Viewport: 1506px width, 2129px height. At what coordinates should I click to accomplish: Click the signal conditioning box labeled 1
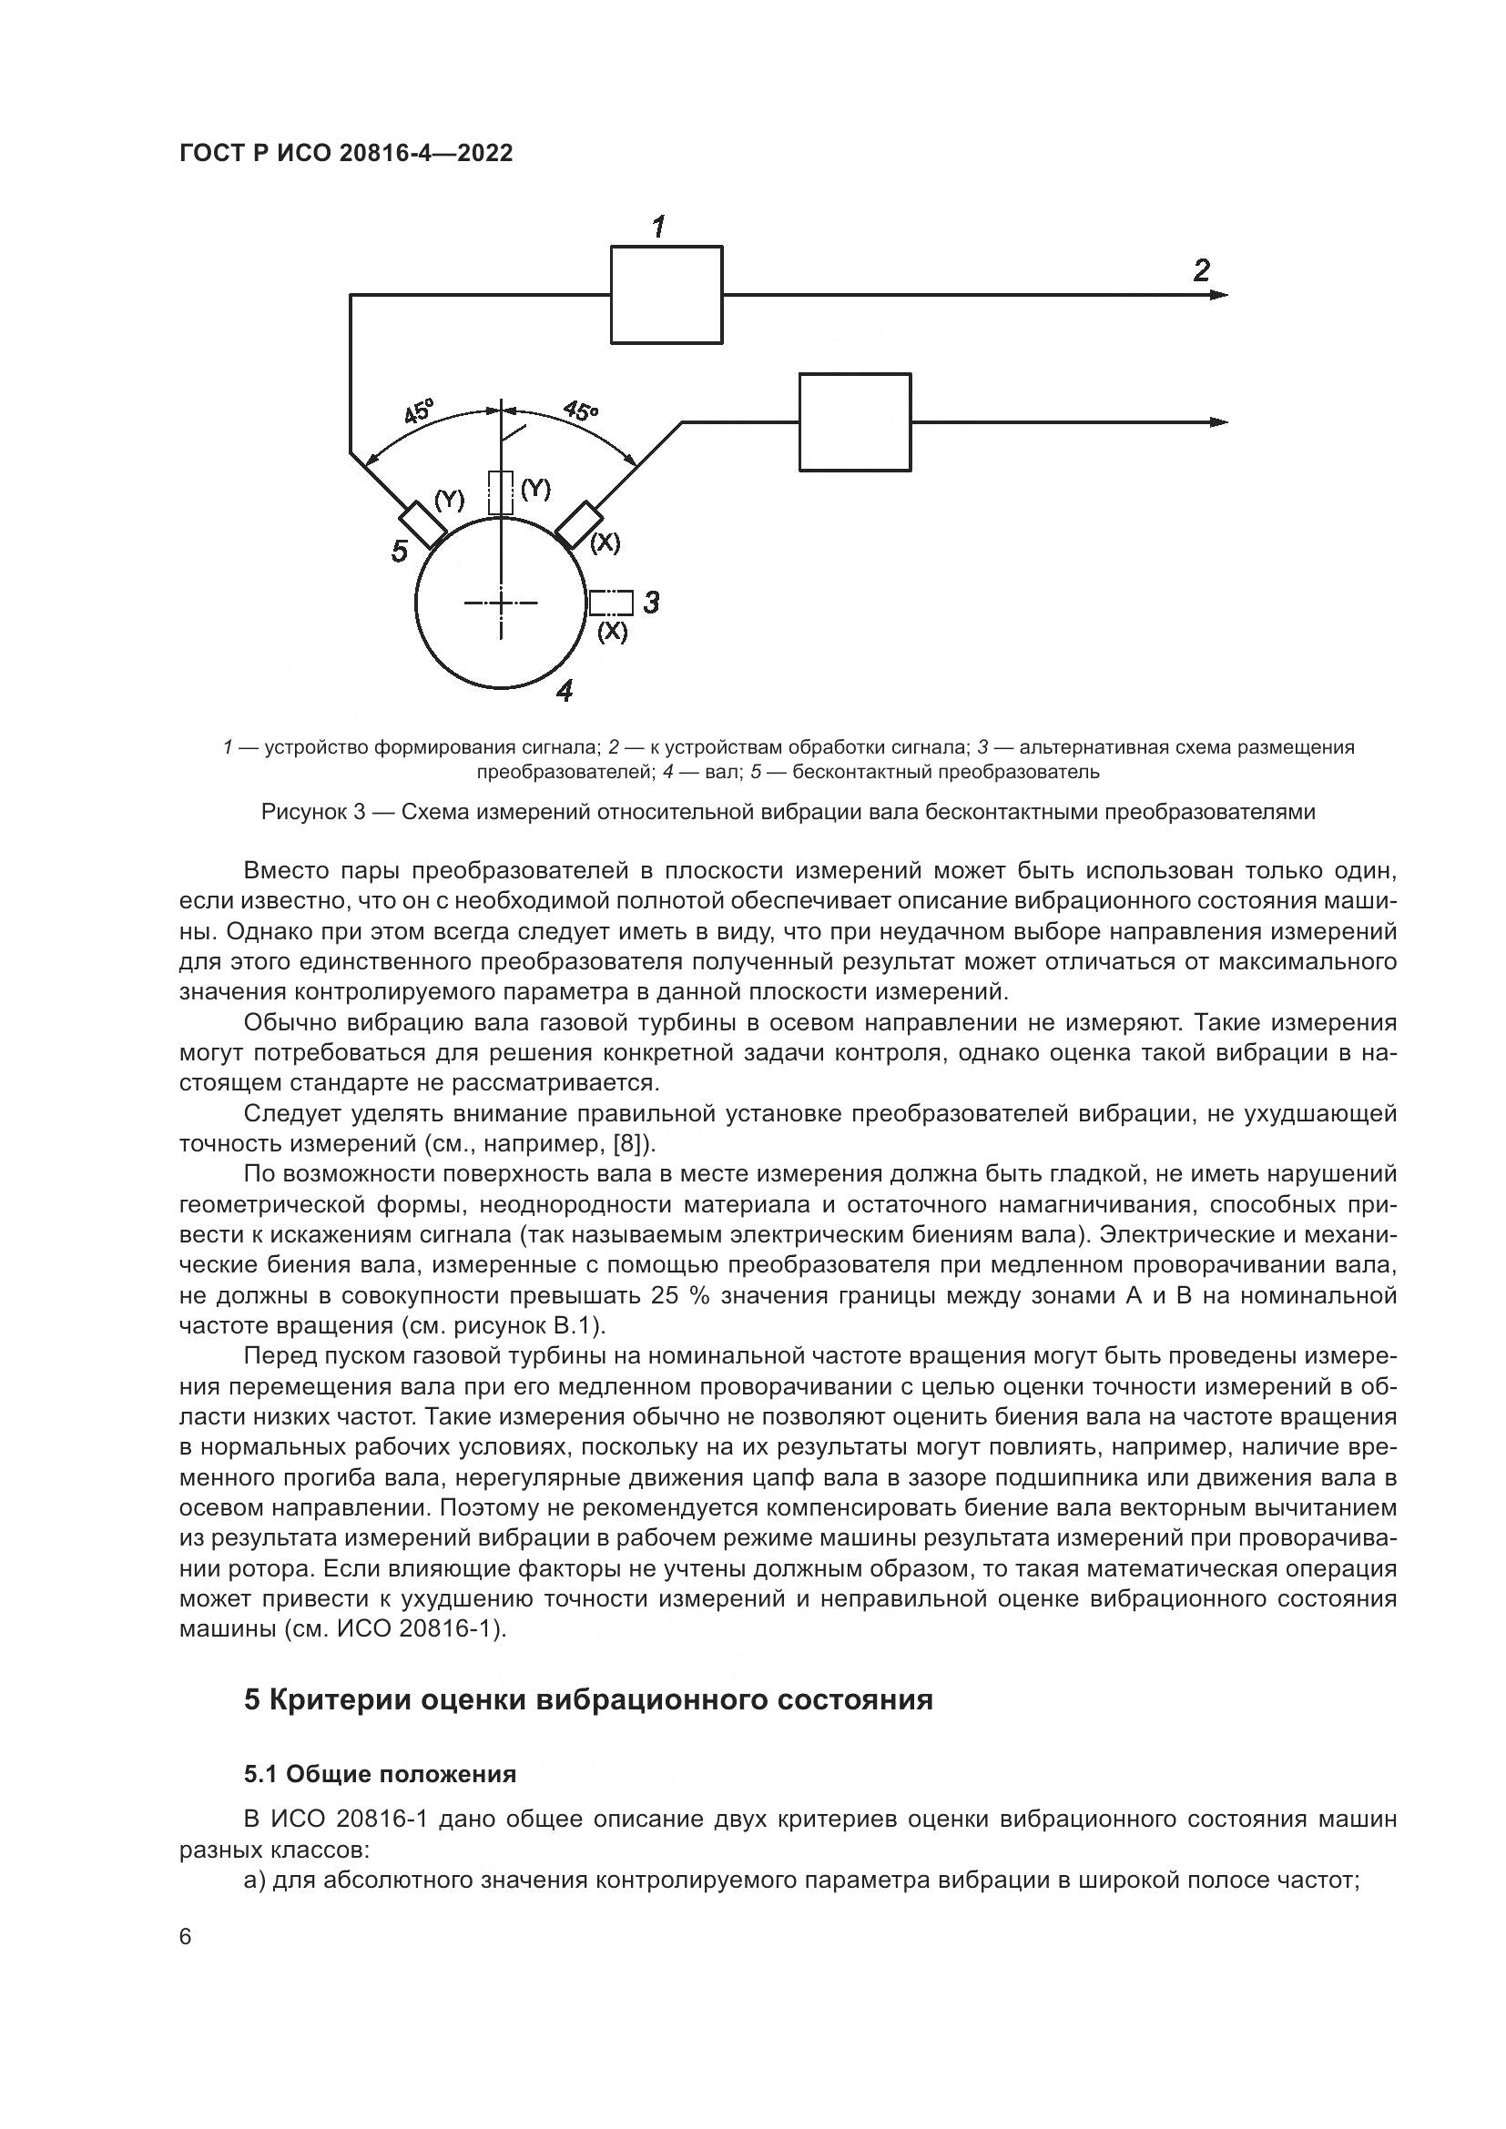click(x=666, y=295)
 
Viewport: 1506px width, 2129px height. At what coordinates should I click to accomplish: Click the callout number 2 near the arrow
click(x=1201, y=270)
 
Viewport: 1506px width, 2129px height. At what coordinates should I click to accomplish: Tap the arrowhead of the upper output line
click(x=1219, y=295)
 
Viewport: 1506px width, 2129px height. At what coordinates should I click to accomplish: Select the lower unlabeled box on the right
click(x=855, y=422)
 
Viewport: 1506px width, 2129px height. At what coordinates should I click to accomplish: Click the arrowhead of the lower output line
click(x=1219, y=423)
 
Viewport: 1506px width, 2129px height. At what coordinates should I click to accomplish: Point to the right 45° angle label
click(x=582, y=410)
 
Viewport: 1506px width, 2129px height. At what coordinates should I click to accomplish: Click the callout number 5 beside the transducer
click(x=399, y=552)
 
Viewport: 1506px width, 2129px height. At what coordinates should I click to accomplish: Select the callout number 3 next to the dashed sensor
click(x=651, y=603)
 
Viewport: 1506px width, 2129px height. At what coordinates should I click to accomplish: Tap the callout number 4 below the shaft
click(x=564, y=691)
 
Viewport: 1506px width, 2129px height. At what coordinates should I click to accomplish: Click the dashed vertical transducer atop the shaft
click(x=501, y=492)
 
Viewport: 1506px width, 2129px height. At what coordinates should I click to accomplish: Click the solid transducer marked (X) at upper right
click(x=579, y=524)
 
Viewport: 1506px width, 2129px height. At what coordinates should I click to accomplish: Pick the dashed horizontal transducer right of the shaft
click(x=611, y=603)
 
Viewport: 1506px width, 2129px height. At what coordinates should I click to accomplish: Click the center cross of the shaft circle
click(x=501, y=603)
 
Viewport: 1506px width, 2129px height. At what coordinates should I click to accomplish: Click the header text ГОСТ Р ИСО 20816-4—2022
click(x=346, y=154)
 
